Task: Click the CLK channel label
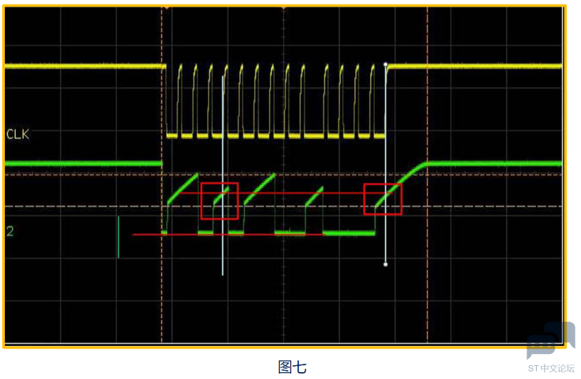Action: [18, 134]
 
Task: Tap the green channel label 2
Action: [10, 231]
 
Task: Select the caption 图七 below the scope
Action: [292, 367]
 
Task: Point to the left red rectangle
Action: [219, 201]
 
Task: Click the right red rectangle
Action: [382, 200]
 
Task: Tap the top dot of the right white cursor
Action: [386, 65]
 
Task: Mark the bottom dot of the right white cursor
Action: [386, 264]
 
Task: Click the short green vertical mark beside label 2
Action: [118, 237]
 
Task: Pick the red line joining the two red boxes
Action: [301, 193]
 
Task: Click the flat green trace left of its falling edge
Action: [83, 164]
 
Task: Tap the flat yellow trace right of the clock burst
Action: [476, 66]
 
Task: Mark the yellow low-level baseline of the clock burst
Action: [276, 136]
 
